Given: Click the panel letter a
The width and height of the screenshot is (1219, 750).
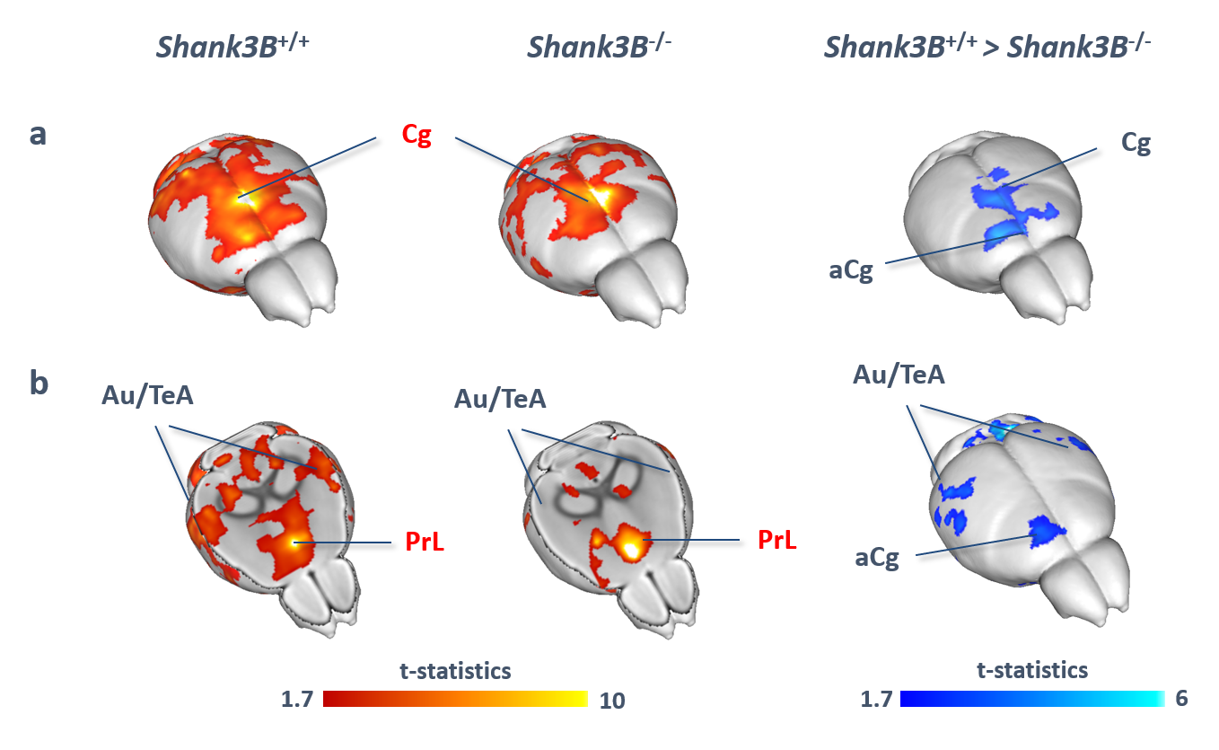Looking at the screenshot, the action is coord(39,135).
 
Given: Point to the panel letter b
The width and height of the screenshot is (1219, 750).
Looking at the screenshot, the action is coord(39,382).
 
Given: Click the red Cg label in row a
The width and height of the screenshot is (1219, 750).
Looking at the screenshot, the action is coord(417,136).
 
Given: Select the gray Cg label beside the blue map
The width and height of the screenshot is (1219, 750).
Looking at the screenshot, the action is coord(1136,144).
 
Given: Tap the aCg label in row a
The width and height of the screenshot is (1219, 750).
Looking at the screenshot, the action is coord(851,270).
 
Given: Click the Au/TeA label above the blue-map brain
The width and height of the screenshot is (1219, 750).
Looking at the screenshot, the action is coord(898,375).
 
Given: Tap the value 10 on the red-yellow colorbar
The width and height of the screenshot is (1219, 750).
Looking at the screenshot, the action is coord(612,701).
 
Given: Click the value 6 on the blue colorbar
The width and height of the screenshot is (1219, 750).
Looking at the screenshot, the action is coord(1181,698).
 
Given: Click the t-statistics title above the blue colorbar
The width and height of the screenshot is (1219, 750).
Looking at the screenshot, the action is coord(1031,669).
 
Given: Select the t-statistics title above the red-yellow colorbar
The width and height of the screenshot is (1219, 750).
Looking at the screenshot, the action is coord(455,670).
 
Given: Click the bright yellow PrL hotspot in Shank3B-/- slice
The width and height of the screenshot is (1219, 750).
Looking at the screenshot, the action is coord(631,545).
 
